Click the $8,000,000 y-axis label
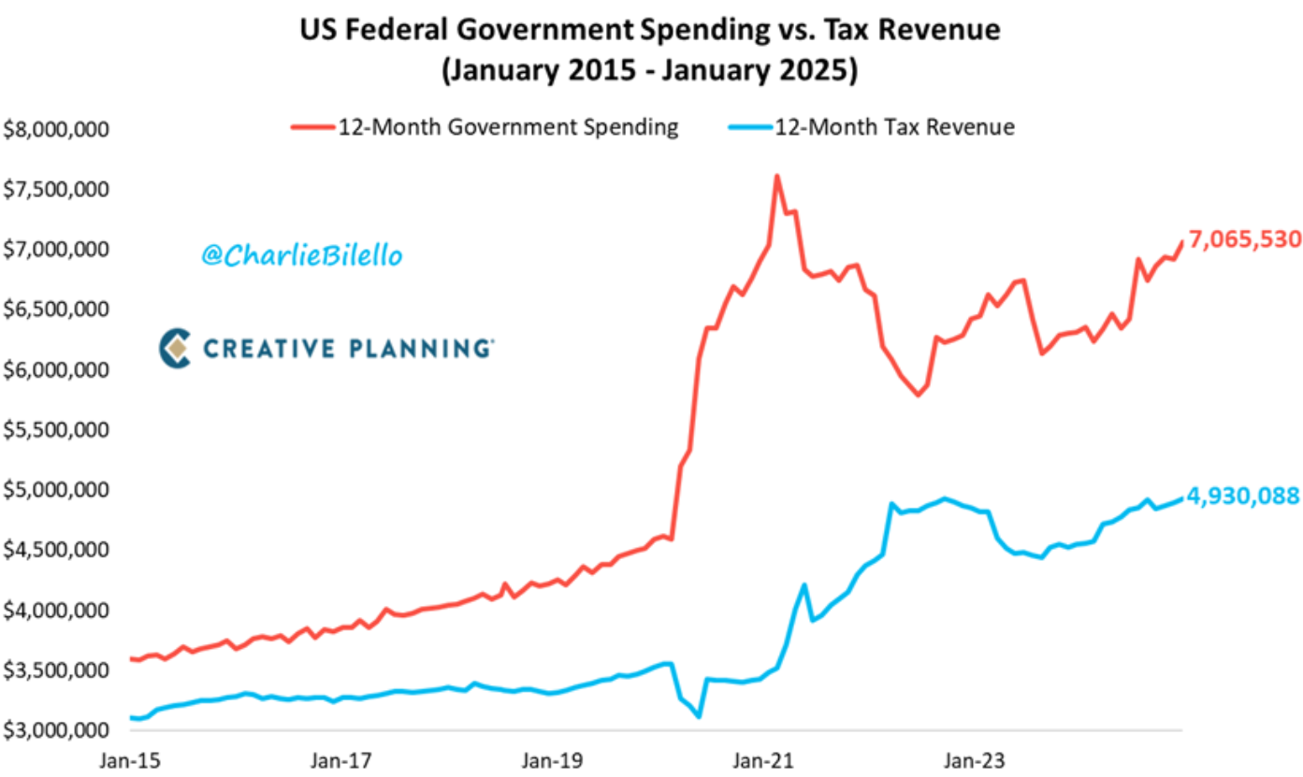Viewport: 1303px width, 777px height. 56,129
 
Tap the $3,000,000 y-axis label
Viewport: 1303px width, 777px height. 56,730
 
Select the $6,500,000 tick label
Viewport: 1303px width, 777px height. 56,309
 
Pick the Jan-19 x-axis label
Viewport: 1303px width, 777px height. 552,760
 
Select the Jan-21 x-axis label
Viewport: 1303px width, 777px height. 764,760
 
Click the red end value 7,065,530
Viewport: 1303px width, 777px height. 1244,239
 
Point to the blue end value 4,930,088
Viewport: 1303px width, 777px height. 1243,496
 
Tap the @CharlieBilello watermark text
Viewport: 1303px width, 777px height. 301,255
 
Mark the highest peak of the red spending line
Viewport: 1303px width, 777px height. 776,176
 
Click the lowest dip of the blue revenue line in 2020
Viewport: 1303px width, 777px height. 699,717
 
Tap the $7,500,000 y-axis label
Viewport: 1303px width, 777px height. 56,190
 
